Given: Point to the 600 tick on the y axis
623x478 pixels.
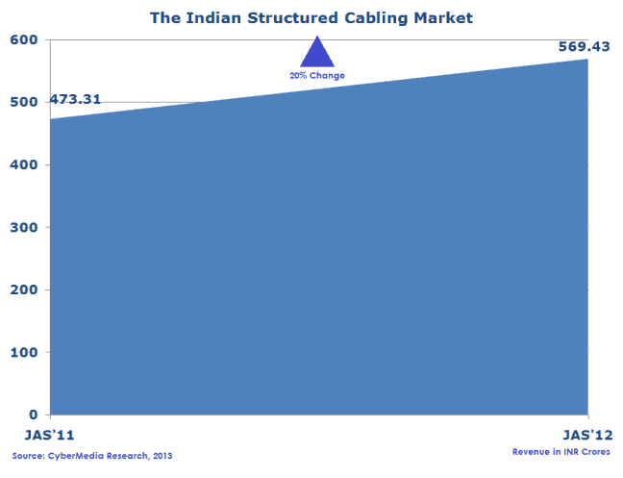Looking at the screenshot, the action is tap(24, 39).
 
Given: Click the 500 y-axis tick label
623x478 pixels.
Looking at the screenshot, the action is tap(24, 102).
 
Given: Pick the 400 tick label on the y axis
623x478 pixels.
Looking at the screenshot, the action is tap(24, 164).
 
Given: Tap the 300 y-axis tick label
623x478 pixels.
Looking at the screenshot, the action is tap(24, 227).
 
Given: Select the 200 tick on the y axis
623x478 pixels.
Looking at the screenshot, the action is tap(24, 289).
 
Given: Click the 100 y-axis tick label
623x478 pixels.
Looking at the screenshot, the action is tap(24, 352).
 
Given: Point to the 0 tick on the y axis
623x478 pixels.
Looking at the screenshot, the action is tap(34, 415).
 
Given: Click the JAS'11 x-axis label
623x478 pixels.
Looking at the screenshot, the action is tap(50, 435).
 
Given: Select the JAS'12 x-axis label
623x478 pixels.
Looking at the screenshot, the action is tap(588, 435).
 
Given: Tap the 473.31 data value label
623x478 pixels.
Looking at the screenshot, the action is tap(75, 99).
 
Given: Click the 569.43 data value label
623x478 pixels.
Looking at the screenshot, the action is tap(585, 46).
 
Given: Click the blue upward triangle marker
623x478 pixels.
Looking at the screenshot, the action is tap(317, 54).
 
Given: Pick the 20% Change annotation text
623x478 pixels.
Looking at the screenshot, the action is tap(317, 75).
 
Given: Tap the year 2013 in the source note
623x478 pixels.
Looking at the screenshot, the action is tap(162, 456).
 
